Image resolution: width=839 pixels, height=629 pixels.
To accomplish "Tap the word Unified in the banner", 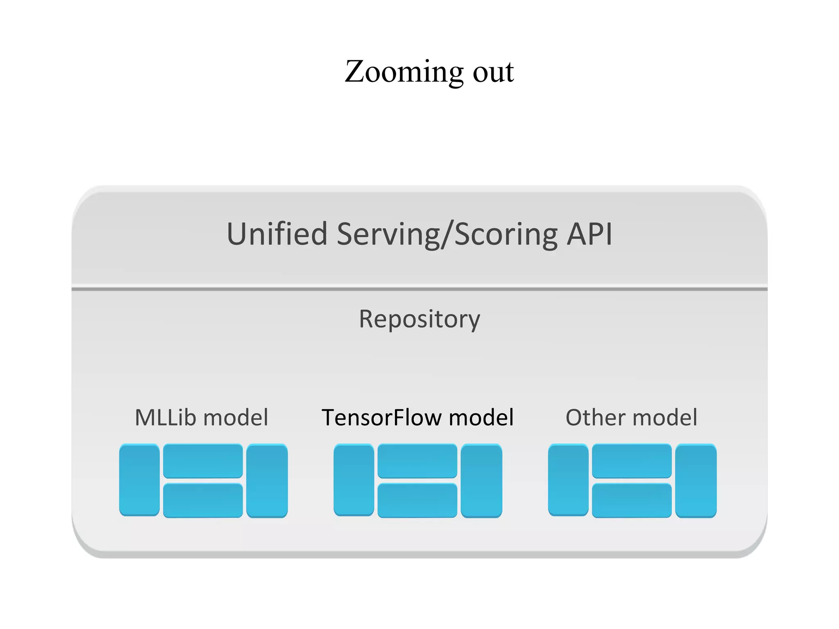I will coord(277,234).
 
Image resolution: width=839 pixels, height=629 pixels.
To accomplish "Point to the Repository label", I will coord(419,319).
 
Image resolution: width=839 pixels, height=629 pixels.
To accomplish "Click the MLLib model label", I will coord(202,418).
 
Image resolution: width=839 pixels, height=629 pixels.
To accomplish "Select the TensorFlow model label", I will coord(417,418).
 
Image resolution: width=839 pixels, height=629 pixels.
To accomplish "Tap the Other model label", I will coord(631,418).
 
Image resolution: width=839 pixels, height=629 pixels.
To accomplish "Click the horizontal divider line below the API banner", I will coord(419,289).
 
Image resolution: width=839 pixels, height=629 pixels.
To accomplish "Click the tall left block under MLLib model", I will coord(139,480).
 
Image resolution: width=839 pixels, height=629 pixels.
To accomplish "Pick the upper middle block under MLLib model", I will coord(203,461).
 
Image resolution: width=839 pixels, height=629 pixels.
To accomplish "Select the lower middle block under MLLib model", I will coord(203,500).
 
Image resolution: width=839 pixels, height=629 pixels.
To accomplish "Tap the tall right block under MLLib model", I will coord(267,480).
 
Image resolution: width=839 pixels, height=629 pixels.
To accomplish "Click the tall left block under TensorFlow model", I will coord(354,480).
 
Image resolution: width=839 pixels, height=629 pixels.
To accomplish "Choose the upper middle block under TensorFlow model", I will coord(417,461).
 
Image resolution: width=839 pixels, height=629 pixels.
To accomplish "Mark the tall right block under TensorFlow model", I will coord(481,480).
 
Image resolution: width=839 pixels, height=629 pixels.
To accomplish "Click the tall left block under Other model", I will coord(568,480).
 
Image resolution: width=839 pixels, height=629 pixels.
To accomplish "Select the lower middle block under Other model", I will coord(632,500).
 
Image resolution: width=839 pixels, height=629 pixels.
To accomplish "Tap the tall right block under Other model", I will coord(696,480).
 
